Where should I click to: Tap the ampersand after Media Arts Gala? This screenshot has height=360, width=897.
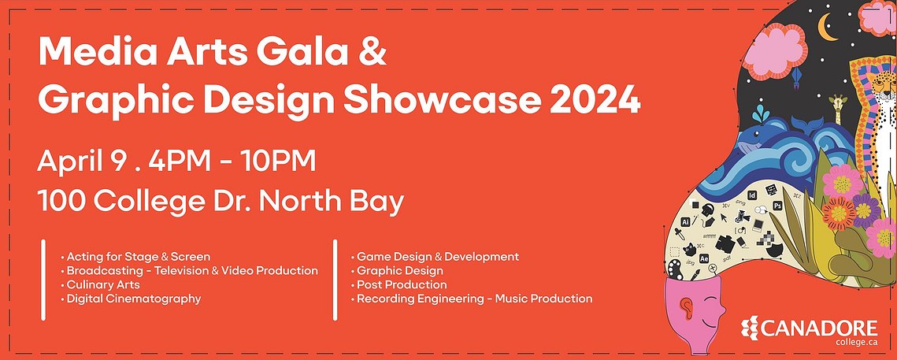click(373, 51)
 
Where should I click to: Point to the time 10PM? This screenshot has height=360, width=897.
click(277, 162)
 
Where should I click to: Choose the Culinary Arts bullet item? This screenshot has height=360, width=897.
click(100, 285)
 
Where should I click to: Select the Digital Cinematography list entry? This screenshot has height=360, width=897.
click(131, 299)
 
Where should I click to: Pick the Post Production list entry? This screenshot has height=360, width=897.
click(398, 284)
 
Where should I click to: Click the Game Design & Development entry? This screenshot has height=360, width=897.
click(435, 256)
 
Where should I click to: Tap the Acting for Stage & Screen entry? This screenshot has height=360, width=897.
click(135, 256)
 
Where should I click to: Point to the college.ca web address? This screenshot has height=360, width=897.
click(856, 343)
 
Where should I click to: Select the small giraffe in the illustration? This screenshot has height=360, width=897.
click(837, 109)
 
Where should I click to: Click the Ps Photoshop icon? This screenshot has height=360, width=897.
click(777, 206)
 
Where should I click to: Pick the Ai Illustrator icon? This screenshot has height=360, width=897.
click(685, 221)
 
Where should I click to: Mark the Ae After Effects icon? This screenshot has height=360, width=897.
click(704, 258)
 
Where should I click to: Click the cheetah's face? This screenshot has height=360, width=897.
click(884, 86)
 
